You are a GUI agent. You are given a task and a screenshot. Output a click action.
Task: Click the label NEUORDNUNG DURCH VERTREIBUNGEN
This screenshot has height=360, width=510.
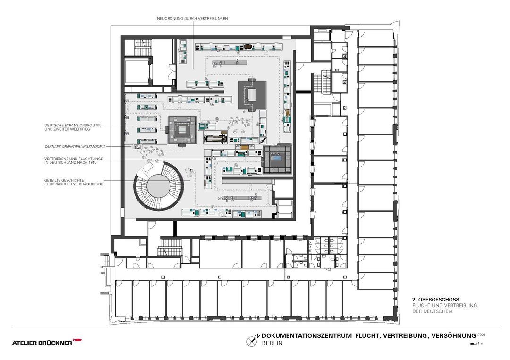[193, 18]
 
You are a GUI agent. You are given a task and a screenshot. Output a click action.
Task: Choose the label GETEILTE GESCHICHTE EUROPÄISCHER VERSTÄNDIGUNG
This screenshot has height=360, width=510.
[74, 181]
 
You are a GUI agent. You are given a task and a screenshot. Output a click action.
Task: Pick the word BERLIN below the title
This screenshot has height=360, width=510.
[272, 343]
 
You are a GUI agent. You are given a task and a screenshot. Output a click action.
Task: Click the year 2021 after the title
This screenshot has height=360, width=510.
[481, 334]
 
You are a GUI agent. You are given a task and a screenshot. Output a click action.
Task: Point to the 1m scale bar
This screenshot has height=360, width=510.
[473, 344]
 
